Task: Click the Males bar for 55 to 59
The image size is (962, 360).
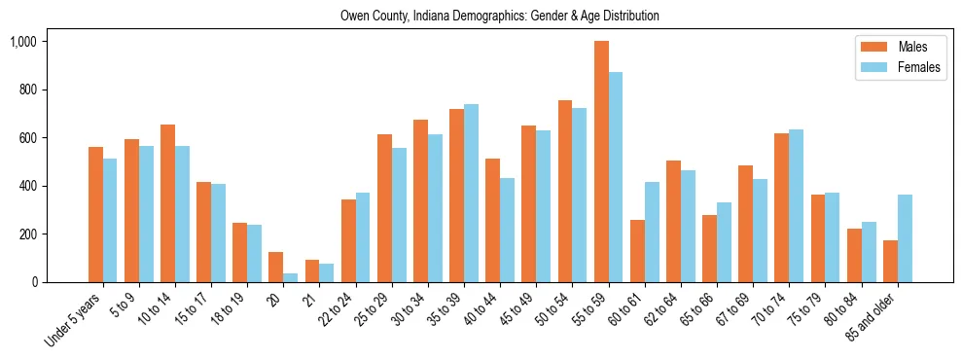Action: [x=601, y=162]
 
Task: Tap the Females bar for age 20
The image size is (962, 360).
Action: [x=291, y=277]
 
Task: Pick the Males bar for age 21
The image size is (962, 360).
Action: [x=312, y=270]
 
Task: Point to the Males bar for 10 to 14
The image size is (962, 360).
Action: [x=167, y=203]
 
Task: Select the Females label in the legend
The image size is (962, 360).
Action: [x=919, y=67]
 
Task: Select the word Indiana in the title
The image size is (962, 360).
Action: [x=425, y=16]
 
